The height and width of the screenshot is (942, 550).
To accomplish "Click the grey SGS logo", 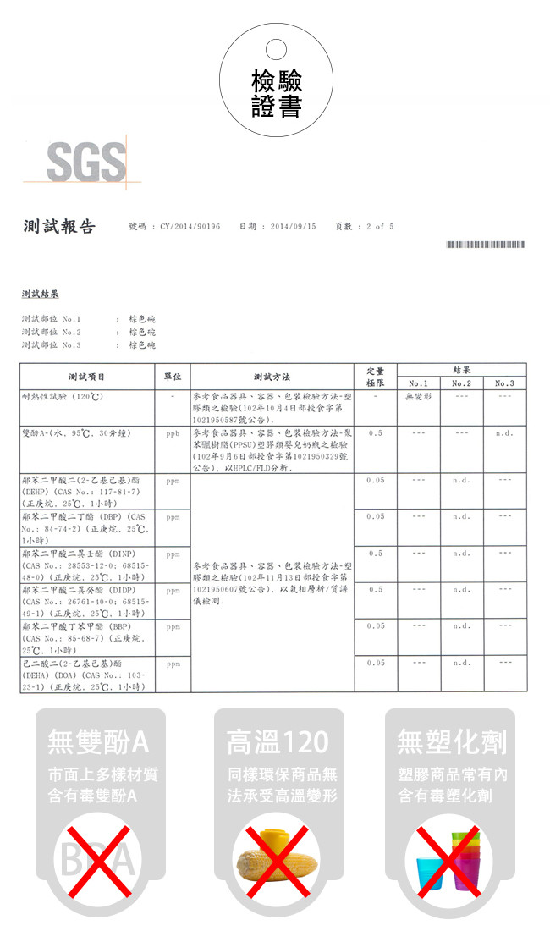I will tap(85, 162).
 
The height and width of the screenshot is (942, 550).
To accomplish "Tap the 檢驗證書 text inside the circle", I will tap(276, 94).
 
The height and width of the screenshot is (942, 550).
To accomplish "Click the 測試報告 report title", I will tap(59, 226).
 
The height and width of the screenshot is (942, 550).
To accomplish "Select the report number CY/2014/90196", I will tap(190, 227).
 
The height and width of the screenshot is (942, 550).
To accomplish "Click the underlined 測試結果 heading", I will tap(41, 294).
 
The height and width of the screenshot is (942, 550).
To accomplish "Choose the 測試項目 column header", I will tap(87, 376).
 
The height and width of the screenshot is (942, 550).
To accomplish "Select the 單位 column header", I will tap(172, 376).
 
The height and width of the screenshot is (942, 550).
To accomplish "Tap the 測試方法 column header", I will tap(272, 376).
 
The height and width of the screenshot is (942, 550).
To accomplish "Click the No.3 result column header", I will tap(504, 383).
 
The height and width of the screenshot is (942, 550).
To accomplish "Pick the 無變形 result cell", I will tap(418, 396).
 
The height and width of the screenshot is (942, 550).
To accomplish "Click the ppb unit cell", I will tap(172, 432).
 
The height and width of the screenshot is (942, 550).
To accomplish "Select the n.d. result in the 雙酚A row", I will tap(504, 432).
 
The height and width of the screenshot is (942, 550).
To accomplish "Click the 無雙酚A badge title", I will tap(99, 742).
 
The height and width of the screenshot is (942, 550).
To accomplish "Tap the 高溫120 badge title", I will tap(277, 742).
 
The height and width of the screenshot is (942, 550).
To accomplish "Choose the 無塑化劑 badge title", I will tap(452, 742).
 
